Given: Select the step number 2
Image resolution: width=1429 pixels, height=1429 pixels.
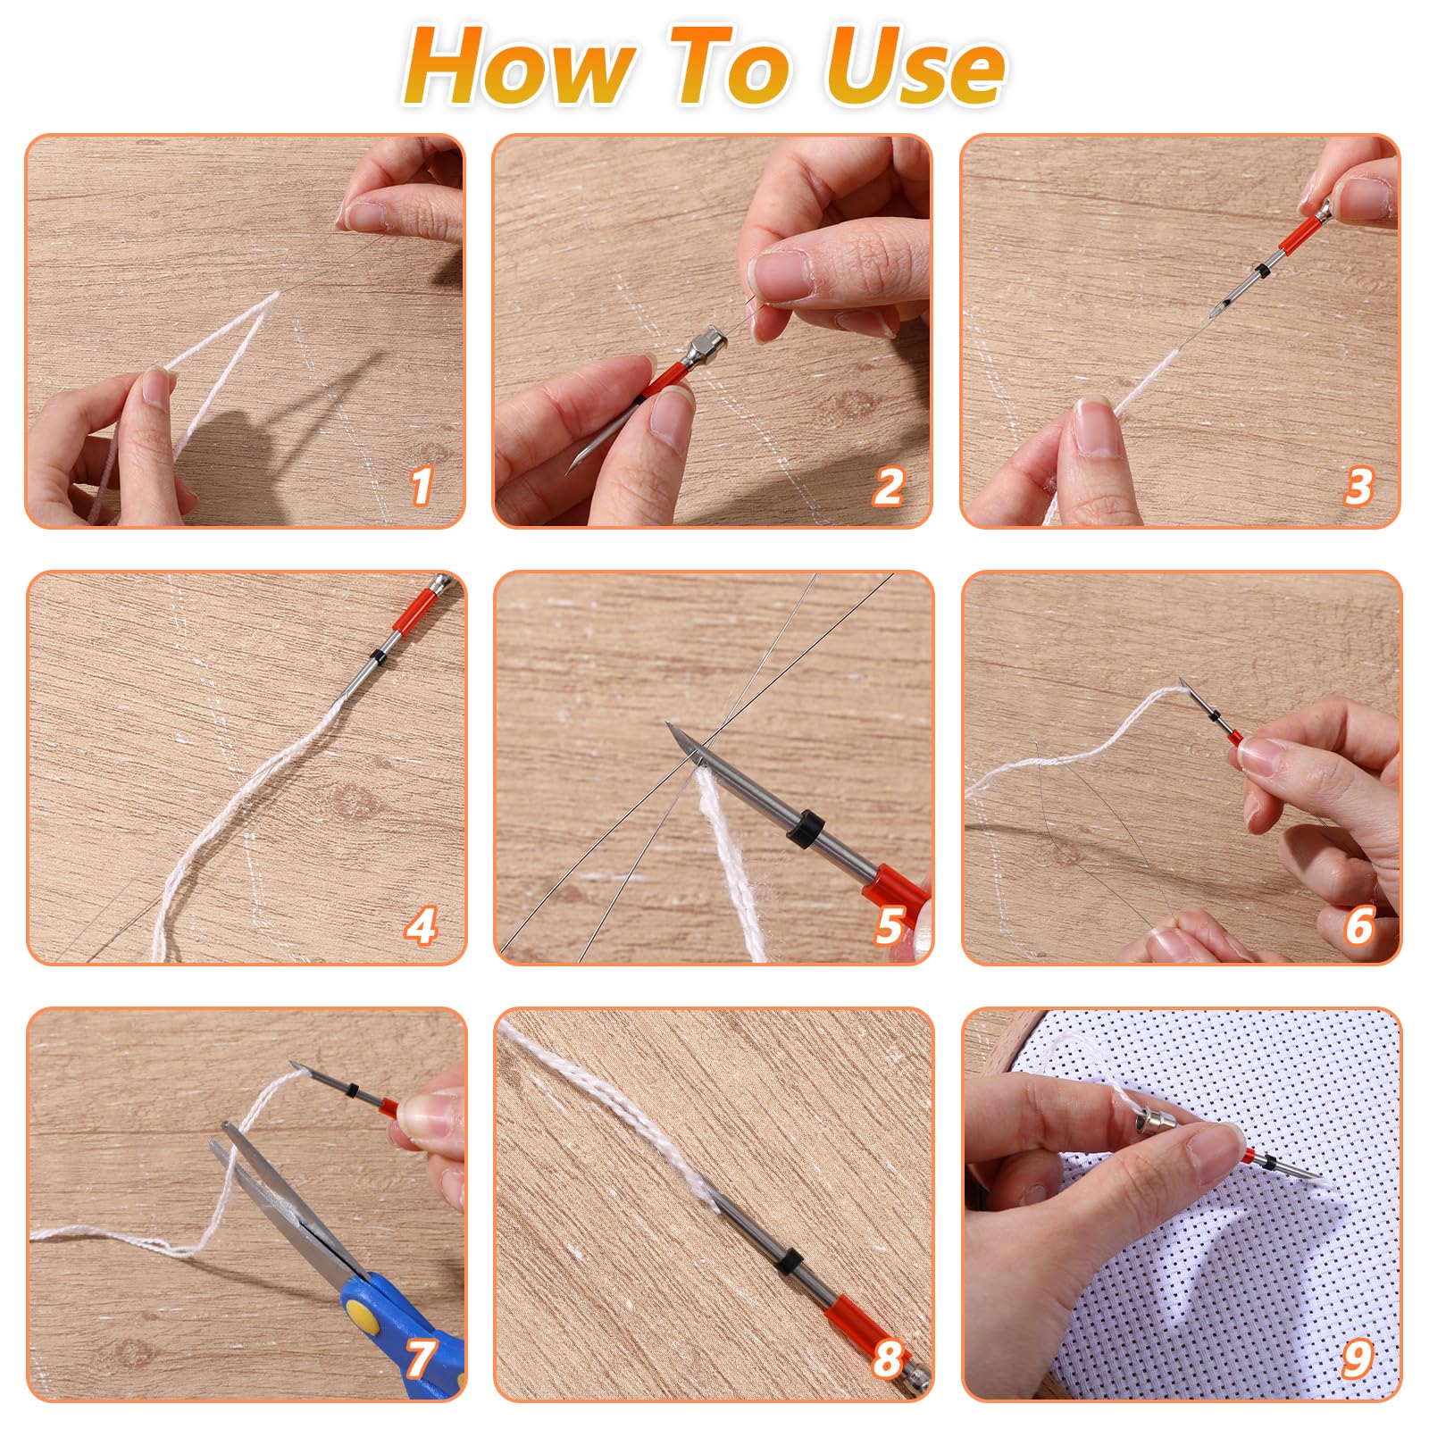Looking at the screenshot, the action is coord(888,486).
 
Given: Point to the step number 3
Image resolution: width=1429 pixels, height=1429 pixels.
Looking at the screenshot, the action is coord(1358,486).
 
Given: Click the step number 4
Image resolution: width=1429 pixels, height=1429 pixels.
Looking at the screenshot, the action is coord(421,926).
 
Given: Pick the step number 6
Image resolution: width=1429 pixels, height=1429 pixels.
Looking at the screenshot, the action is coord(1358,926).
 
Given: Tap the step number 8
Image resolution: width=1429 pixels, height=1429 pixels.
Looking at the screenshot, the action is coord(888,1359).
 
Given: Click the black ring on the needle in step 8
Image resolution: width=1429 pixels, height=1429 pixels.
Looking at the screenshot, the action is coord(787,1263).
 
